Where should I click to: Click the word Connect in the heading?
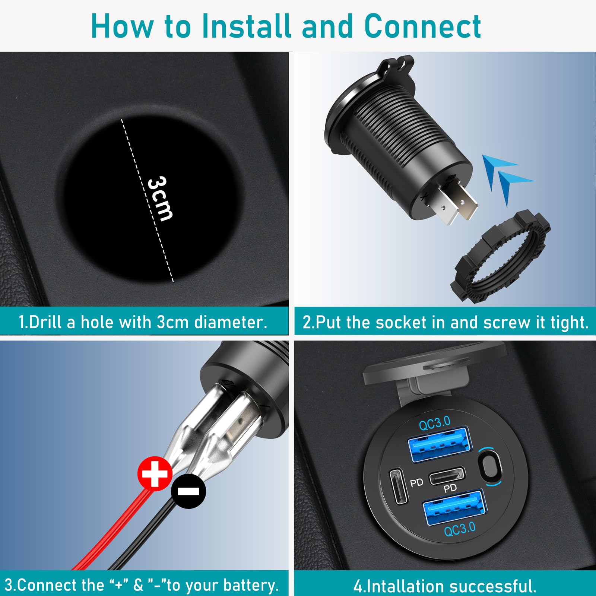(x=422, y=26)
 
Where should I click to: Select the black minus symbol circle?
(x=188, y=491)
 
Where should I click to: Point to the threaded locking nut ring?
(x=501, y=257)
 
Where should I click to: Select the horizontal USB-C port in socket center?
(x=447, y=476)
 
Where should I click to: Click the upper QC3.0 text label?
(x=434, y=423)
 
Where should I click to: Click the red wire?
(x=112, y=533)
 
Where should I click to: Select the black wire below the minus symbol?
(x=145, y=536)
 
